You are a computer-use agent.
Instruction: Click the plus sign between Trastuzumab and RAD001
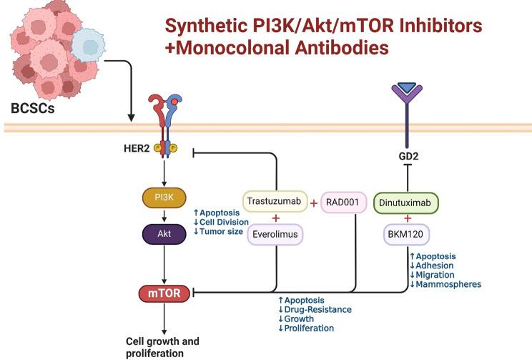(x=313, y=203)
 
